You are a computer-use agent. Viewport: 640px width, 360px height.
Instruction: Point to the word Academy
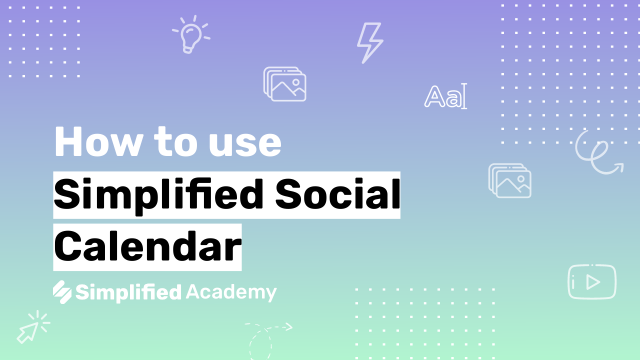click(231, 292)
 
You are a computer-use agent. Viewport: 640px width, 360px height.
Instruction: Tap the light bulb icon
click(191, 35)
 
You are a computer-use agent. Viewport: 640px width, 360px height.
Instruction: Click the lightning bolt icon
click(369, 43)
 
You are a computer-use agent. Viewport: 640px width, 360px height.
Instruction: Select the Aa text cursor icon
click(445, 96)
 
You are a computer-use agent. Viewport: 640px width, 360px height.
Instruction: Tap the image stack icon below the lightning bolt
click(284, 84)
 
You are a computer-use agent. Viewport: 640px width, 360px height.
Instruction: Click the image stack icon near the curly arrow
click(509, 180)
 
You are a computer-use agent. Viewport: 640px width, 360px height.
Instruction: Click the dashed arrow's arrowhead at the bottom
click(289, 326)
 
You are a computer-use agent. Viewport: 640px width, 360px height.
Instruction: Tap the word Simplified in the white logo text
click(128, 292)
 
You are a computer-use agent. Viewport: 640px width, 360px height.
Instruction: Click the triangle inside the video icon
click(593, 282)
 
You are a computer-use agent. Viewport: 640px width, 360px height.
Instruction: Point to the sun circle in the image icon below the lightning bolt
click(296, 82)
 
